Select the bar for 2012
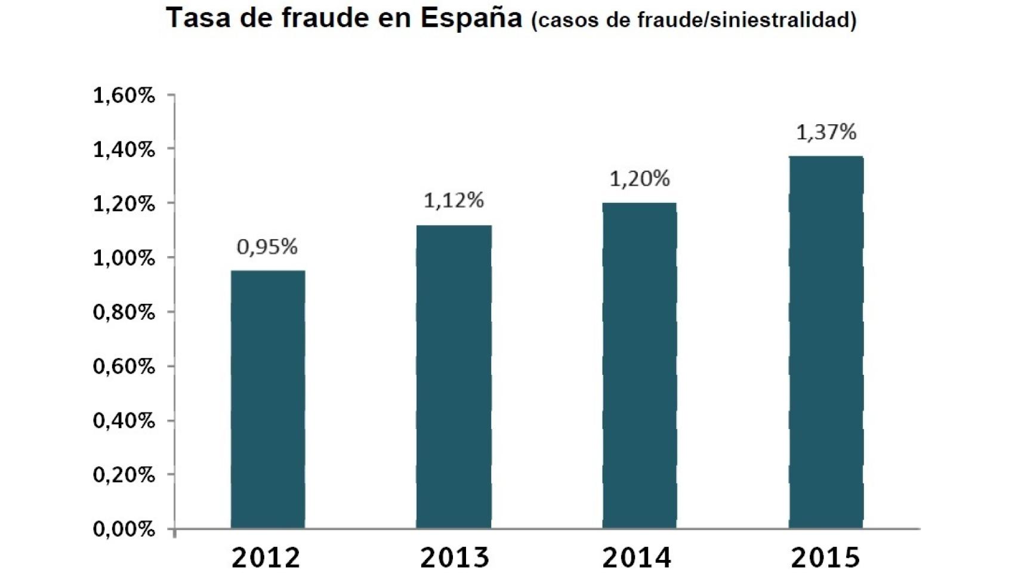tap(268, 399)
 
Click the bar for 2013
tap(454, 377)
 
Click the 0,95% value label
tap(267, 247)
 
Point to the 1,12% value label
tap(454, 201)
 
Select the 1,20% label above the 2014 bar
tap(640, 178)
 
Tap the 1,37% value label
tap(826, 132)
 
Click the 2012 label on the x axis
tap(266, 557)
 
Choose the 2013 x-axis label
tap(455, 557)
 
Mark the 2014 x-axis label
tap(637, 557)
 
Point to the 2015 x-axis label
tap(826, 557)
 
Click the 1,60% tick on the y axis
tap(124, 95)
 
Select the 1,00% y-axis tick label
tap(124, 258)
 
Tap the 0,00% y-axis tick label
tap(124, 529)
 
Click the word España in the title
tap(471, 18)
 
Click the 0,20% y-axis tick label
tap(124, 475)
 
